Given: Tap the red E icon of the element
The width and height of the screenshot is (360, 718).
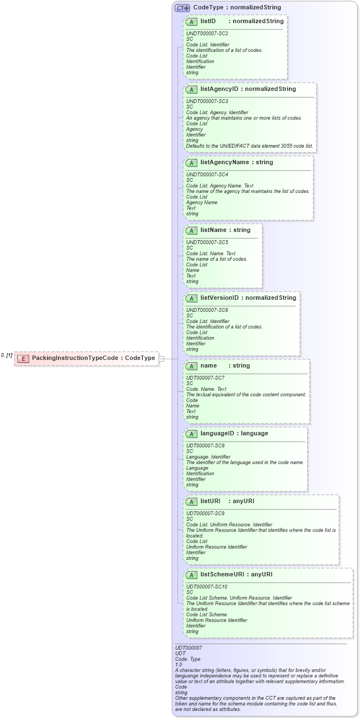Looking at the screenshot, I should [x=23, y=358].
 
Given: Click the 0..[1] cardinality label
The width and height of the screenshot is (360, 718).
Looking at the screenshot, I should [x=7, y=355].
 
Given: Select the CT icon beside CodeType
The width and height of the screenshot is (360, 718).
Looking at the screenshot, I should [x=182, y=8].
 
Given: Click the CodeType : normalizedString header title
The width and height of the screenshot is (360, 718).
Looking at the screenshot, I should [x=237, y=8].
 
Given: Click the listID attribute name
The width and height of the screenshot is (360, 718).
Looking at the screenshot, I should [x=208, y=21].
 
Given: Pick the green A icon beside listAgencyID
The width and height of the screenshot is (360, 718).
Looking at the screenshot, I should [x=191, y=89].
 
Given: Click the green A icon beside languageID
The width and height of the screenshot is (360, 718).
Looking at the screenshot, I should [x=191, y=434].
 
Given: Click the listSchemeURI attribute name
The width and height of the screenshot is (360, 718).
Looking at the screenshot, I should [x=222, y=574].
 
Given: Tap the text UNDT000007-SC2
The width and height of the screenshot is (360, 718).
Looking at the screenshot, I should [x=207, y=34].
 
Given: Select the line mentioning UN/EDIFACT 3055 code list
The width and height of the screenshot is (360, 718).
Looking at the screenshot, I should [x=249, y=145].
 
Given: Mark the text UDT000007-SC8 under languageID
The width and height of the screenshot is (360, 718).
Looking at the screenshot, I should [x=206, y=446].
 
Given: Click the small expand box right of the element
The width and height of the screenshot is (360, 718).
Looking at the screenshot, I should [x=162, y=359].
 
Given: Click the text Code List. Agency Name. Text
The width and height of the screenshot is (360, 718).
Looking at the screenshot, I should [x=220, y=186].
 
